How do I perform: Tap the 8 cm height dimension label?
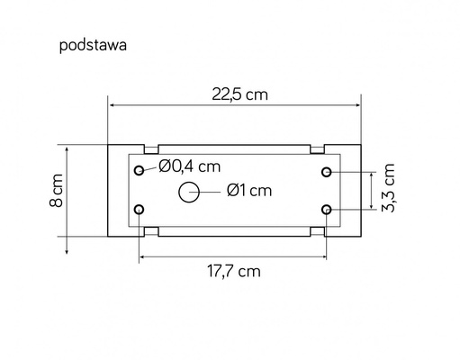[56, 191]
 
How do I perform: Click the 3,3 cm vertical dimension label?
[389, 189]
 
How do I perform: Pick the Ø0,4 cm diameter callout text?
[190, 166]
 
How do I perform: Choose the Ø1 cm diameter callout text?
[249, 191]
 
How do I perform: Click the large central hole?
[190, 191]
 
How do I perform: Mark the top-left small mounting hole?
[139, 171]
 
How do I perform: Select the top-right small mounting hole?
[327, 171]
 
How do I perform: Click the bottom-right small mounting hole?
[327, 210]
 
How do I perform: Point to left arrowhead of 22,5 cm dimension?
[112, 104]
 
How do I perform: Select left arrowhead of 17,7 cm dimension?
[141, 258]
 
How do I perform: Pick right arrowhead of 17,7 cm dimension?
[324, 258]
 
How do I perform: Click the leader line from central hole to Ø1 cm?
[210, 191]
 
